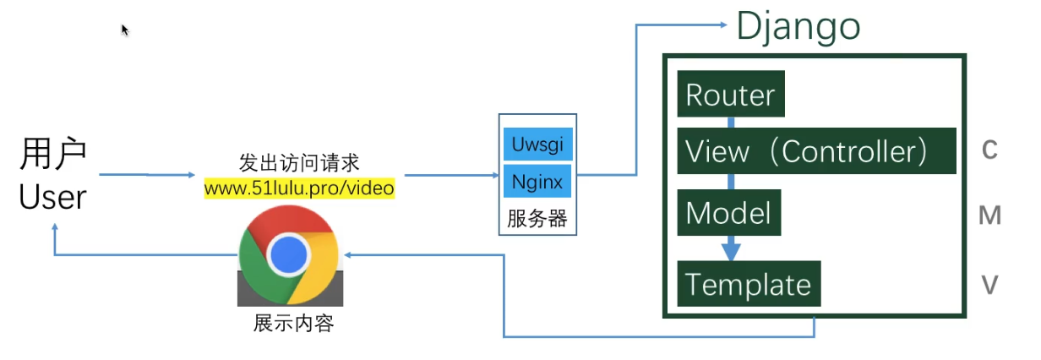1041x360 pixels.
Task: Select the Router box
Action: point(731,95)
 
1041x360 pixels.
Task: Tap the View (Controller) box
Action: point(815,150)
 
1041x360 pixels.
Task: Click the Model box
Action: point(728,213)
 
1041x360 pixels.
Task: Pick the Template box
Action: point(749,284)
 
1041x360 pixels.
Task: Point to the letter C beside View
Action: point(990,150)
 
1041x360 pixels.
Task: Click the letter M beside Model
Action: point(989,215)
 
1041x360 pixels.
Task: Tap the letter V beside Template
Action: point(990,286)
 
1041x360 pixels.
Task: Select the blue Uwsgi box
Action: point(537,144)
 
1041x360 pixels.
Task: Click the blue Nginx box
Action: point(537,181)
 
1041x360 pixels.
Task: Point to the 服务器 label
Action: point(537,219)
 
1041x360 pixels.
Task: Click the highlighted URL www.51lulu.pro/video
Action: point(299,188)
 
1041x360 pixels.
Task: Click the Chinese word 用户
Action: point(53,156)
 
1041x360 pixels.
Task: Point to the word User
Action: point(52,197)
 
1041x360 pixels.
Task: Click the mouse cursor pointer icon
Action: point(125,30)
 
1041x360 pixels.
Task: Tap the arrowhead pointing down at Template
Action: point(731,252)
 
